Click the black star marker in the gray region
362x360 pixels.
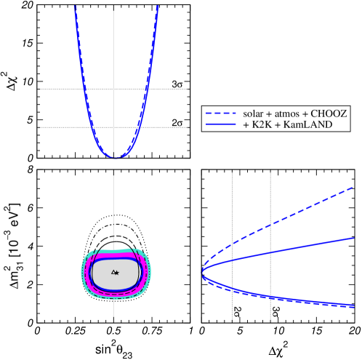[116, 273]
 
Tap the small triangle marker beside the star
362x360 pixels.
[112, 273]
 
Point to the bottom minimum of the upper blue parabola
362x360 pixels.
[113, 157]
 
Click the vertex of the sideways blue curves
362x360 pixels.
[202, 273]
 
